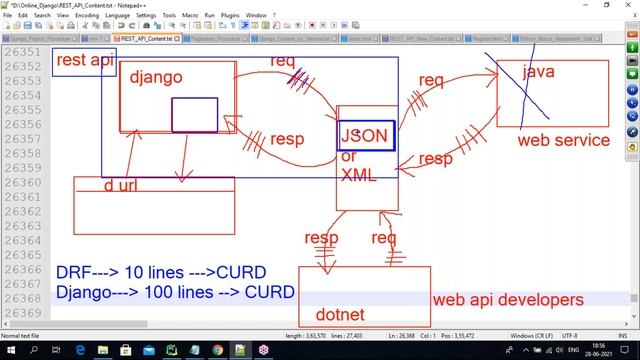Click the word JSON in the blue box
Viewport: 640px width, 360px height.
364,136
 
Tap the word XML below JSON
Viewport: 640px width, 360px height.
358,174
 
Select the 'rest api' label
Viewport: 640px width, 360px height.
83,61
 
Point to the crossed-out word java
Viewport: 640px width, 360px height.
538,72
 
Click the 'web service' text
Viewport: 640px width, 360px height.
563,140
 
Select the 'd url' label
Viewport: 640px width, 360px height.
121,186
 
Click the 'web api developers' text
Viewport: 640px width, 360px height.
507,299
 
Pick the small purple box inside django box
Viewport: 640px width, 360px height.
194,115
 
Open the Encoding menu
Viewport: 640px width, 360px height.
86,16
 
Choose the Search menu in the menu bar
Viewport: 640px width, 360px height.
41,16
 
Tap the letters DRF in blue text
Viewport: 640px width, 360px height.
74,272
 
